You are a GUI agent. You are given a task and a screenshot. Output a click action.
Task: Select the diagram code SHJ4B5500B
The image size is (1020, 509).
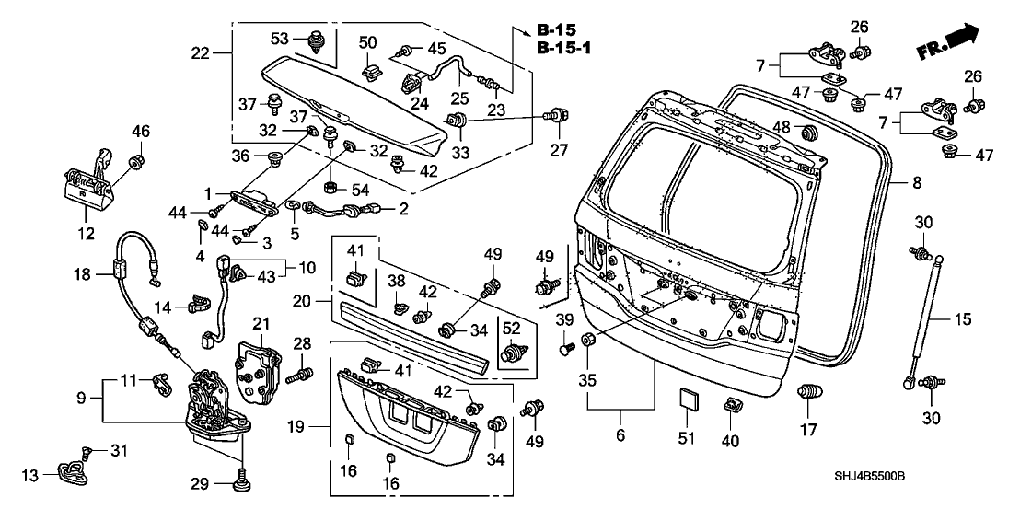coord(947,476)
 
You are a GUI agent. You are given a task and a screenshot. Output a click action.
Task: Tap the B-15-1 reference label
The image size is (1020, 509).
coord(562,47)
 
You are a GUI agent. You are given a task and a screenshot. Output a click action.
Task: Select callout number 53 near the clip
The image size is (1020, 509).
coord(278,37)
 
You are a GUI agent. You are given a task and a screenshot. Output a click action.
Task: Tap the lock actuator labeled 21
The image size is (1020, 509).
coord(261,372)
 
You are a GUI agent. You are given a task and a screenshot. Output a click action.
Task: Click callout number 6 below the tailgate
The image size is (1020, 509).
coord(620,434)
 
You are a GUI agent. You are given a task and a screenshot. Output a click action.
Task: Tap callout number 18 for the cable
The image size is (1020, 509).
coord(82,273)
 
